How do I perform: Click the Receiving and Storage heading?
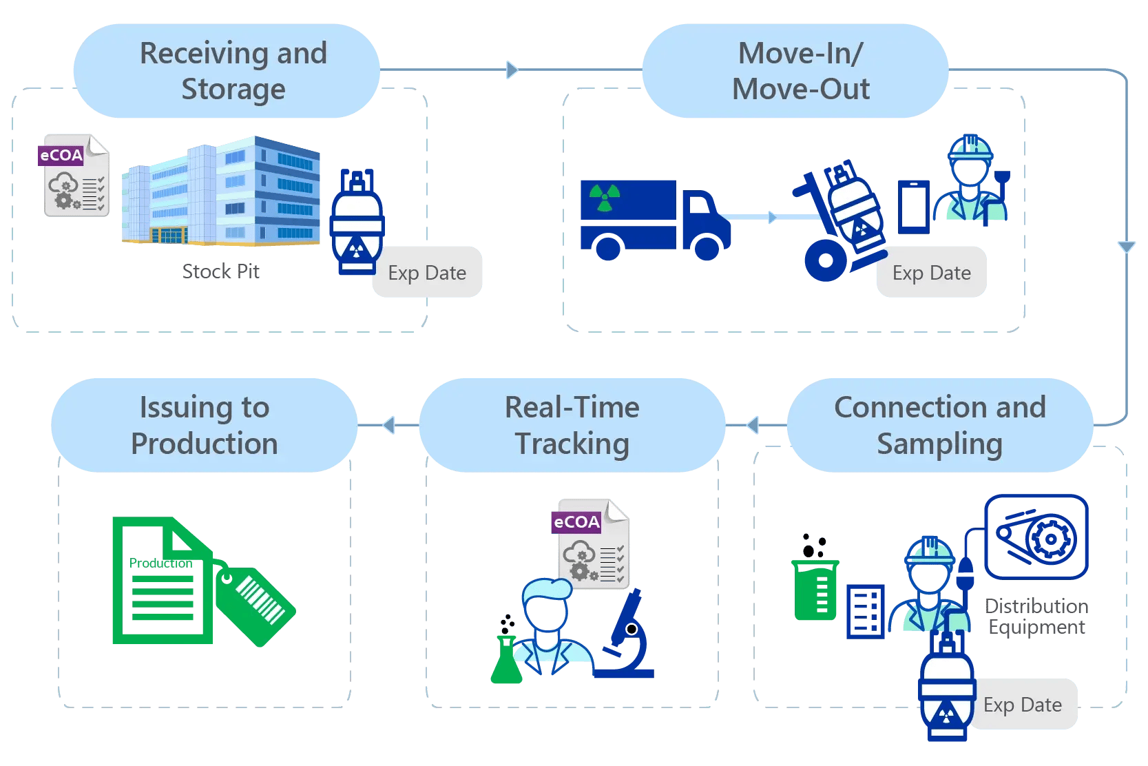(x=233, y=71)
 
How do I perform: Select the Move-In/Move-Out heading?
(x=800, y=71)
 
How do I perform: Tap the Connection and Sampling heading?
(x=939, y=425)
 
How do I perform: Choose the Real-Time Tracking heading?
(x=572, y=425)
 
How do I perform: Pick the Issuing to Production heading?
(x=204, y=425)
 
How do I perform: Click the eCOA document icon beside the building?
(x=75, y=176)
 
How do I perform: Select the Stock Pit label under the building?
(x=221, y=271)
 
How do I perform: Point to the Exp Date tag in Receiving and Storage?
(x=427, y=273)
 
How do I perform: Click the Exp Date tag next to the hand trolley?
(x=931, y=273)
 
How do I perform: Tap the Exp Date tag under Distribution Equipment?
(x=1023, y=705)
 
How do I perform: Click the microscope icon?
(x=625, y=637)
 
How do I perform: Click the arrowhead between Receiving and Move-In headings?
(x=512, y=70)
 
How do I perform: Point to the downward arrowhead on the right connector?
(x=1127, y=247)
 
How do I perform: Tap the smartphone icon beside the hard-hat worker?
(x=914, y=207)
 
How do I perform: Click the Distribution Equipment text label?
(x=1036, y=617)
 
